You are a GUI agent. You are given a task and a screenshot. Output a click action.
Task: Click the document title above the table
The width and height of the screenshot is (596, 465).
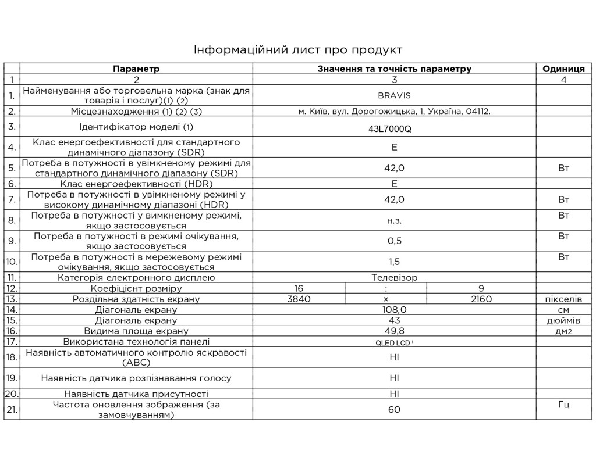pyautogui.click(x=298, y=49)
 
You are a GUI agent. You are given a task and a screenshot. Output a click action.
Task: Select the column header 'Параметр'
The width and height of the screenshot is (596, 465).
pyautogui.click(x=136, y=69)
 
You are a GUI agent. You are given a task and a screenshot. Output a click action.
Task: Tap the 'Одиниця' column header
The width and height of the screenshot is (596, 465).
pyautogui.click(x=563, y=69)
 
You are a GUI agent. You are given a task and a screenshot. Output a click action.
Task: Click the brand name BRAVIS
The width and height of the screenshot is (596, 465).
pyautogui.click(x=394, y=95)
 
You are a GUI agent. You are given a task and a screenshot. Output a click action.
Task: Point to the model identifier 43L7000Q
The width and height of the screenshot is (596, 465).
pyautogui.click(x=390, y=129)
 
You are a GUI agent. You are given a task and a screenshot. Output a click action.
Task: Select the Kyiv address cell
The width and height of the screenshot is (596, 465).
pyautogui.click(x=394, y=111)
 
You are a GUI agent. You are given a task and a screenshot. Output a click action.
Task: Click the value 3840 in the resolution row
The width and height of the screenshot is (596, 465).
pyautogui.click(x=299, y=299)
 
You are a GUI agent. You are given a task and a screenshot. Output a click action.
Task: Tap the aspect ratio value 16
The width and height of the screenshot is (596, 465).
pyautogui.click(x=299, y=288)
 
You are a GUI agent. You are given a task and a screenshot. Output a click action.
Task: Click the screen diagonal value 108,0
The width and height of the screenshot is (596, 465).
pyautogui.click(x=394, y=310)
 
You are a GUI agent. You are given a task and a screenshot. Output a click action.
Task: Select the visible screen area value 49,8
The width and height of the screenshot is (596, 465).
pyautogui.click(x=394, y=331)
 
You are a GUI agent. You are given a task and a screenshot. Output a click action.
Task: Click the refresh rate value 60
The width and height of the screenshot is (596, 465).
pyautogui.click(x=394, y=409)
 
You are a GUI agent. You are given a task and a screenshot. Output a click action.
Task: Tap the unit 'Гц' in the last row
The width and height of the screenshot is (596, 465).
pyautogui.click(x=563, y=405)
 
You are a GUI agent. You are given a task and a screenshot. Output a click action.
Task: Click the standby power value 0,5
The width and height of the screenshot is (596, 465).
pyautogui.click(x=394, y=241)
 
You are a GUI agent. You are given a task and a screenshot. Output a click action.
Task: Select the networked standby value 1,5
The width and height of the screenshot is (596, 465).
pyautogui.click(x=394, y=262)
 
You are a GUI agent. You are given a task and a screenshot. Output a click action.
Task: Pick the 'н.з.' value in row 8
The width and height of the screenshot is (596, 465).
pyautogui.click(x=394, y=220)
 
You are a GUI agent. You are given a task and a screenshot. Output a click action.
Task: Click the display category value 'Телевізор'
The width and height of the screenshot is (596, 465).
pyautogui.click(x=394, y=278)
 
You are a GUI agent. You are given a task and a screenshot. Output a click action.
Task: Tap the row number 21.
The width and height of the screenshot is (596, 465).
pyautogui.click(x=12, y=409)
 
